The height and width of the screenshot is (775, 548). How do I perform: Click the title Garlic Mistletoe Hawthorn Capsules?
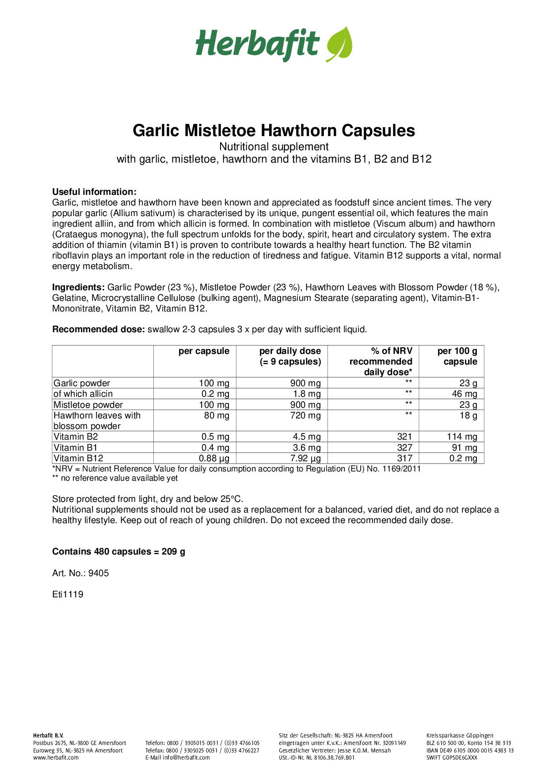click(x=274, y=130)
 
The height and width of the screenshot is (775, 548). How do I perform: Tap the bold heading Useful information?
click(x=94, y=192)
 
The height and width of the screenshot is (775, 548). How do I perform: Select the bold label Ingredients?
click(x=78, y=287)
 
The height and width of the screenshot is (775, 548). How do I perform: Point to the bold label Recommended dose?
click(x=99, y=329)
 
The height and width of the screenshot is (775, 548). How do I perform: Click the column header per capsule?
click(x=204, y=351)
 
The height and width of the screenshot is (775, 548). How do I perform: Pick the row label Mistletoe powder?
click(x=88, y=405)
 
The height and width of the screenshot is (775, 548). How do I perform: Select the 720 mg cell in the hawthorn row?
click(x=305, y=415)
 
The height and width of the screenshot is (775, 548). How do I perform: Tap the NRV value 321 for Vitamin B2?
click(x=404, y=437)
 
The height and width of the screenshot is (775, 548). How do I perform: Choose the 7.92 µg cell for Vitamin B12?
click(x=305, y=458)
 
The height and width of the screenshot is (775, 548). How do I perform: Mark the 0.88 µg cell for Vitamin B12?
click(x=214, y=458)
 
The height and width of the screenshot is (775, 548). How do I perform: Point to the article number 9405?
click(x=99, y=573)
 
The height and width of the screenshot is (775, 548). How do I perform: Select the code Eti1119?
click(x=68, y=594)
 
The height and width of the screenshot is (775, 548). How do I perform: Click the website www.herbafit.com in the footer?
click(x=56, y=757)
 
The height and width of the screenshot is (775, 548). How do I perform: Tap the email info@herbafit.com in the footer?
click(x=186, y=757)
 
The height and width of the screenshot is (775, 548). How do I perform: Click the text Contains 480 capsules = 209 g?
click(x=118, y=551)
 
